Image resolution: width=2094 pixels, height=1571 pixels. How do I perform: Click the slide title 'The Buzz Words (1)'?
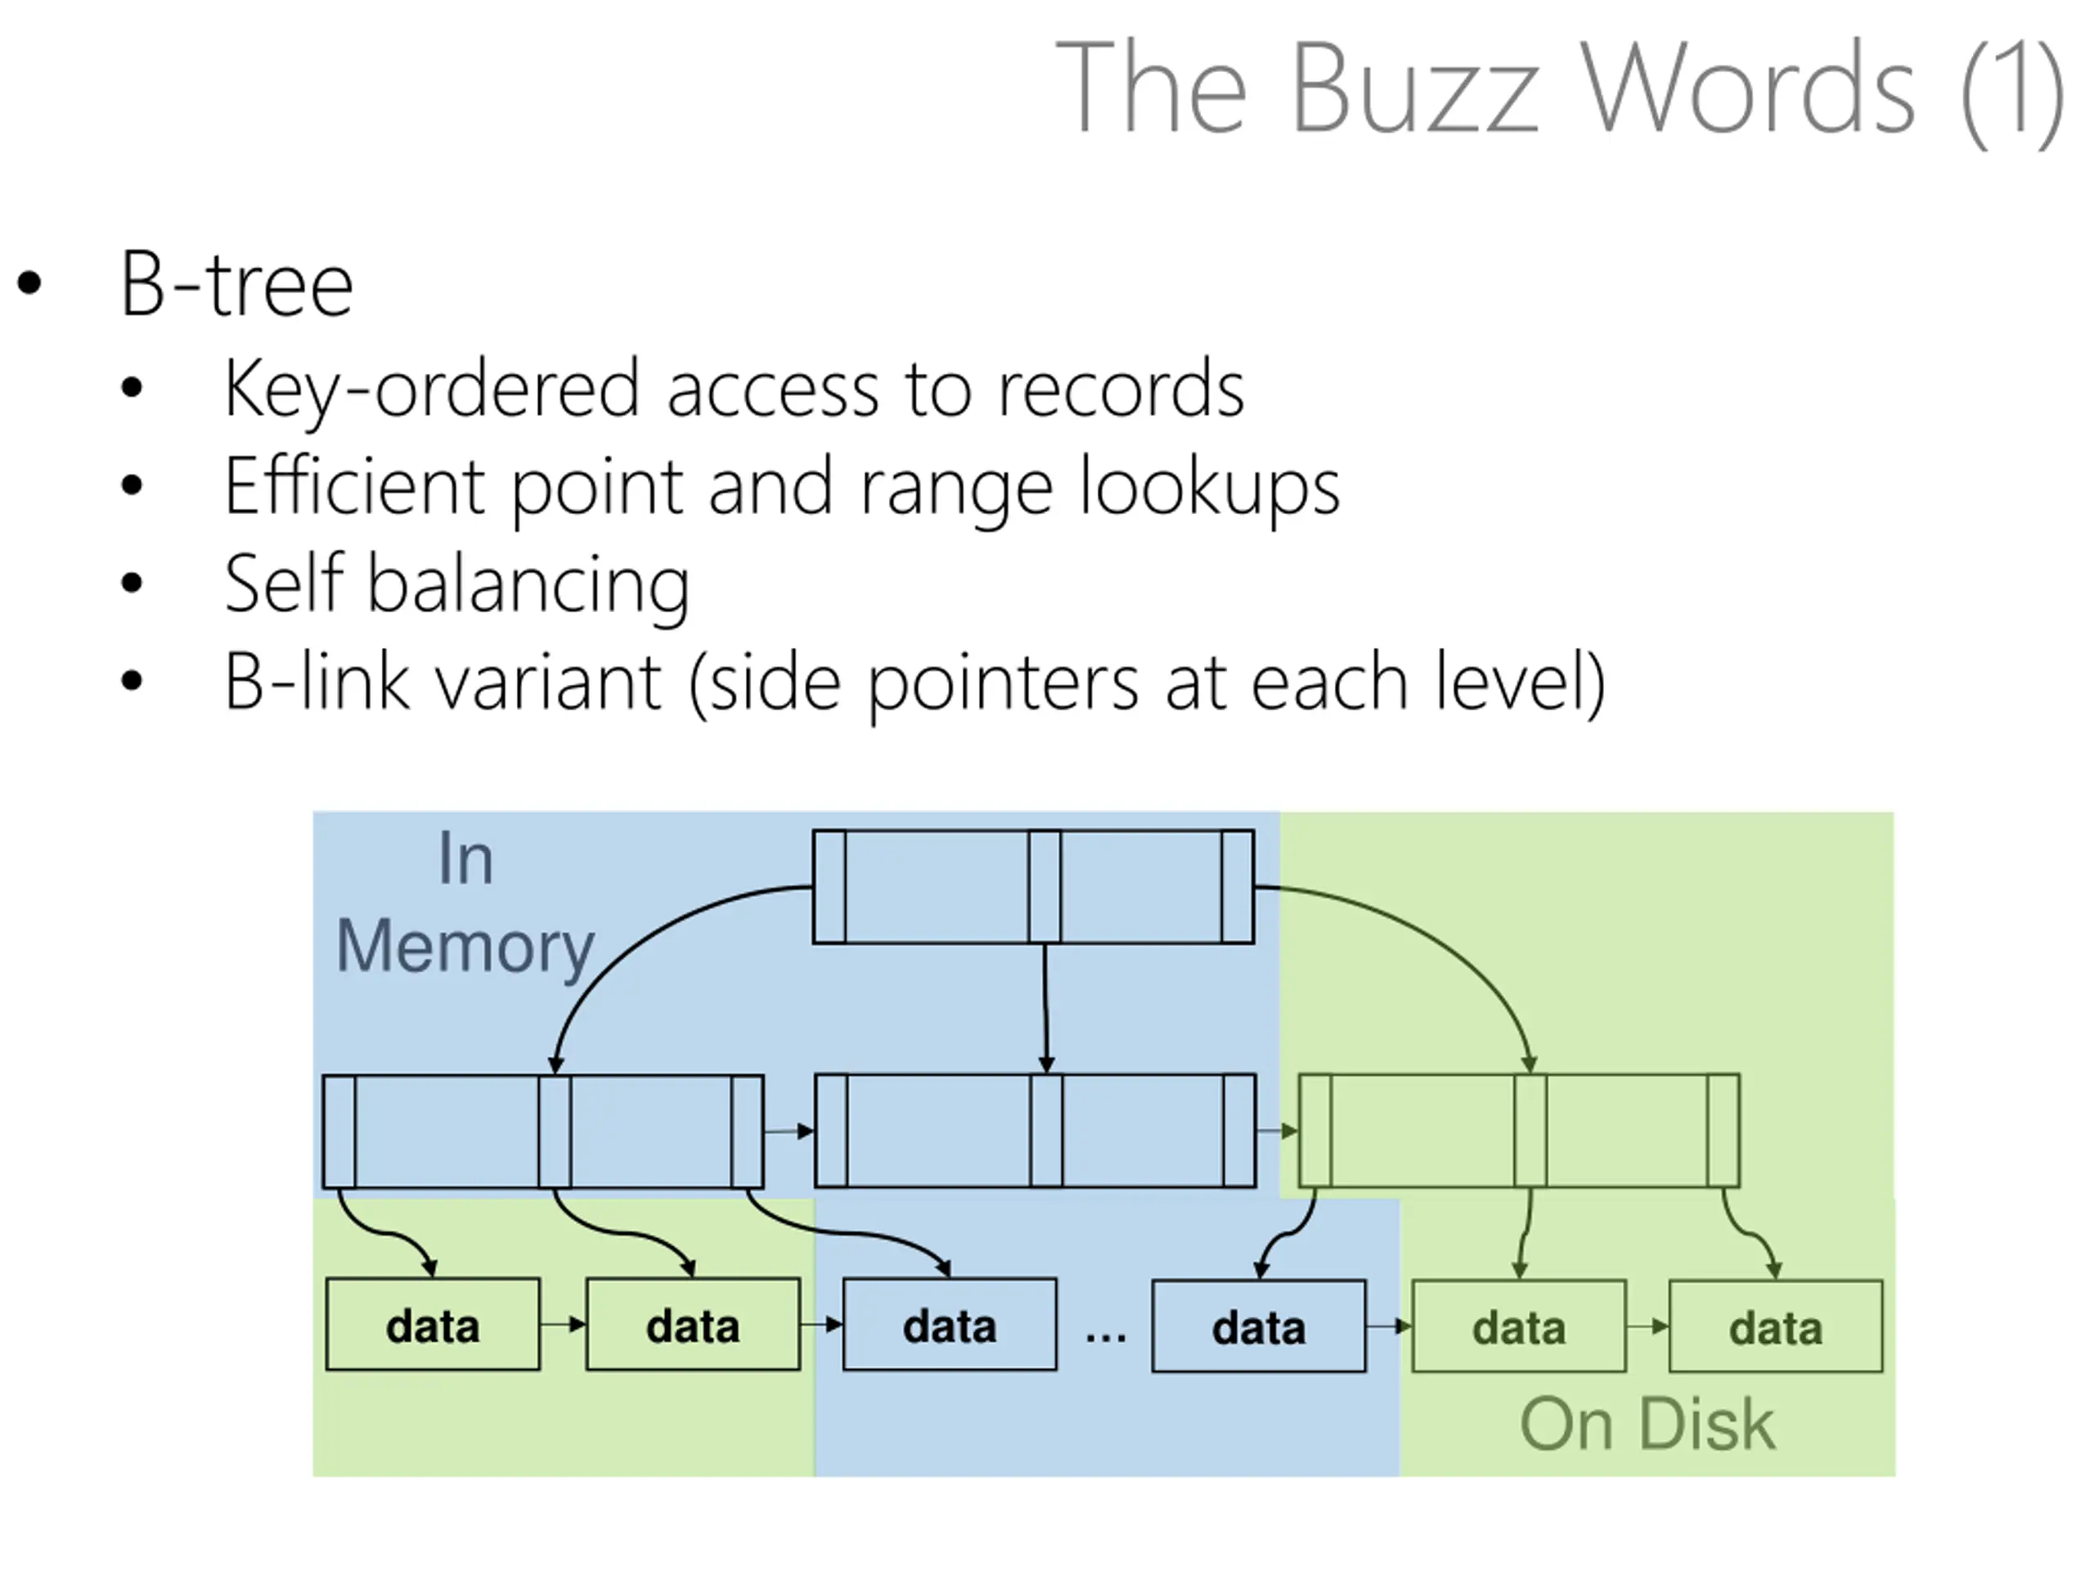point(1560,90)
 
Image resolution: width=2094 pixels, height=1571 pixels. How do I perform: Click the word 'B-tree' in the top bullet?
point(236,284)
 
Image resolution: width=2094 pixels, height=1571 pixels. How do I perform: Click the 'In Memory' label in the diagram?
point(465,904)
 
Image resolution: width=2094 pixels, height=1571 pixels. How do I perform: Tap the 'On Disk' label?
point(1647,1425)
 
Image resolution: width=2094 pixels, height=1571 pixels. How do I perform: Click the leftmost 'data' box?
point(433,1325)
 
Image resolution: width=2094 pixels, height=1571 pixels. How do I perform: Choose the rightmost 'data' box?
point(1776,1326)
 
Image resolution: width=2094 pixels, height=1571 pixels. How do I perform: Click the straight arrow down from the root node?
point(1045,1009)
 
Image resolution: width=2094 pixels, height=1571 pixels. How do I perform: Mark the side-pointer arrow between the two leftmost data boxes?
point(564,1325)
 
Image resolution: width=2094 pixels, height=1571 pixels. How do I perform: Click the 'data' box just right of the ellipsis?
point(1259,1326)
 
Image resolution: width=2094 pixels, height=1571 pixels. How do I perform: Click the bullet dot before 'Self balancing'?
point(132,583)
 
